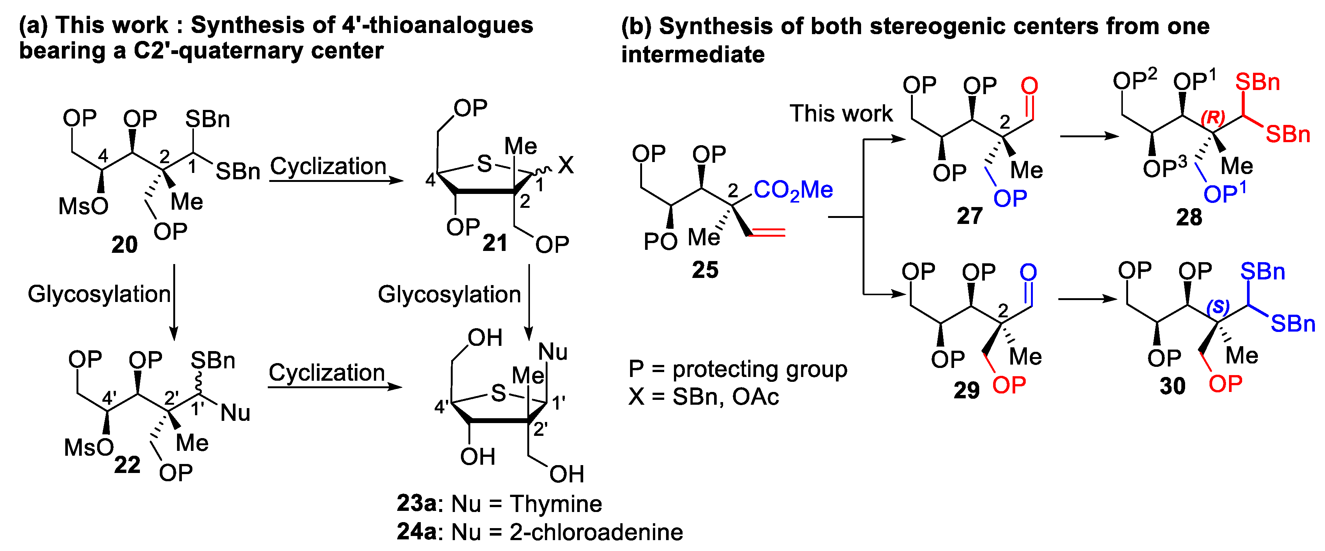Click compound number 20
[125, 245]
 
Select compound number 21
[495, 243]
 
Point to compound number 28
[1189, 218]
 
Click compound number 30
[1172, 386]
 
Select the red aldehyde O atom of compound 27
[1029, 86]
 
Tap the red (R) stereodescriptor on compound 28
[1213, 117]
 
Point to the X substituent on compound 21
[566, 166]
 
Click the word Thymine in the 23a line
[555, 504]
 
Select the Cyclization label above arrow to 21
[328, 166]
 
